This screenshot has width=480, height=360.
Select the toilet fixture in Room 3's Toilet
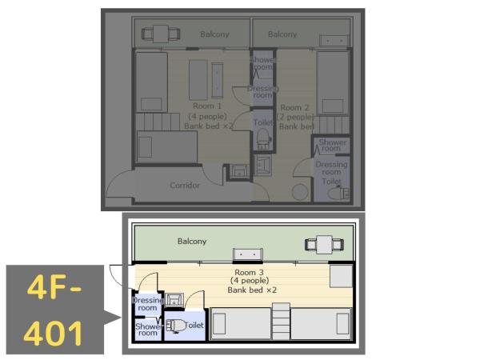[x=177, y=326]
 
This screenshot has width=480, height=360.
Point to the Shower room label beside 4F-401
[x=148, y=329]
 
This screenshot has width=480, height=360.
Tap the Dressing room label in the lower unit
[x=147, y=303]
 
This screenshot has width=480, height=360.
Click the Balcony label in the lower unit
[x=192, y=241]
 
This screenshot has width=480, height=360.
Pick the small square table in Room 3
[x=340, y=275]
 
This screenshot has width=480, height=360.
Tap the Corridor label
[x=185, y=186]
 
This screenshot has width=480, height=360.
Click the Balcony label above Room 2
[x=282, y=34]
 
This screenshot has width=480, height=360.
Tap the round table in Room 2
[x=299, y=193]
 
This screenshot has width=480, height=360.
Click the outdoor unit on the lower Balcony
[x=247, y=254]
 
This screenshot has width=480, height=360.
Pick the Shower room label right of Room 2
[x=331, y=145]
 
